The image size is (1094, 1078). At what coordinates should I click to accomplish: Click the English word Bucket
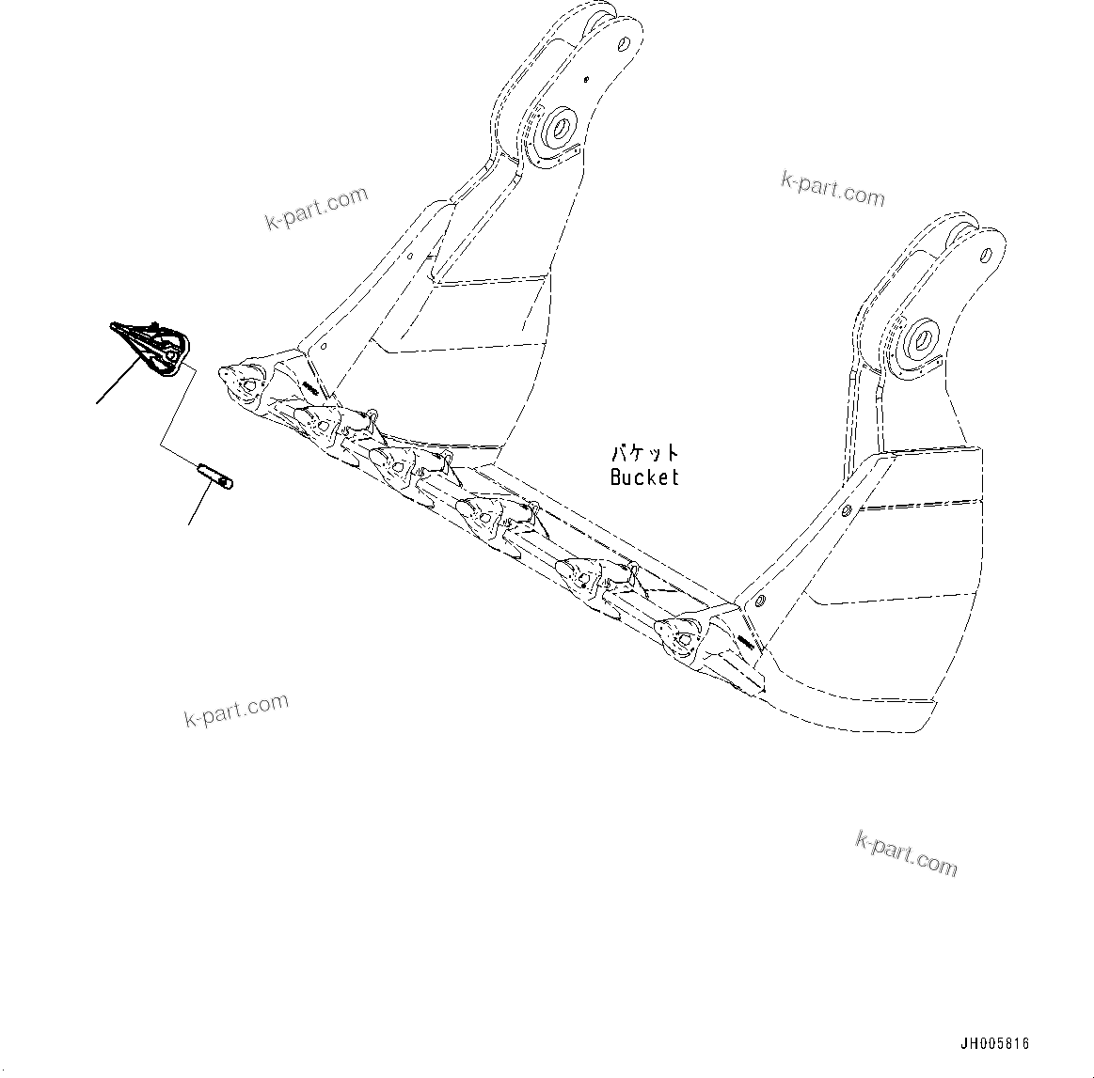(644, 477)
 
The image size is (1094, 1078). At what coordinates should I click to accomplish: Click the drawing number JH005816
(995, 1044)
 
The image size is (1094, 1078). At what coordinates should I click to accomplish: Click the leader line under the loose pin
(197, 508)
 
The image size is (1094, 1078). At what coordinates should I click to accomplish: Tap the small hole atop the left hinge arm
(623, 42)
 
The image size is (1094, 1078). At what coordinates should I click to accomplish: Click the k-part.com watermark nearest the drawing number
(906, 853)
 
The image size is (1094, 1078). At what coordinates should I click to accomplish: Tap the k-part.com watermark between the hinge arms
(832, 188)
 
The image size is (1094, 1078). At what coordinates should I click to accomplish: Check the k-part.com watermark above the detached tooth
(316, 209)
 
